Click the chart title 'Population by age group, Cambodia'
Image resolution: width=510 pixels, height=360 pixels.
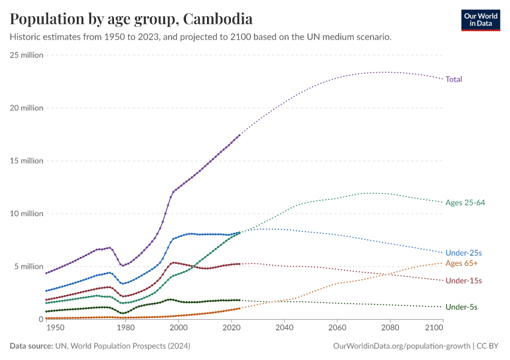[131, 19]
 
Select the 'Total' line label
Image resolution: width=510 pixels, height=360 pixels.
[454, 79]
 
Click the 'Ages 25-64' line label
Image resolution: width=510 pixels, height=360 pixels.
[465, 203]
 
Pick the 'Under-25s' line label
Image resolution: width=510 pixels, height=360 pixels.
[464, 253]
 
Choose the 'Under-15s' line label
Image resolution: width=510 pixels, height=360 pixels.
[464, 281]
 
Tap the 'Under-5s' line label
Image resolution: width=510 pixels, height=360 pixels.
[461, 307]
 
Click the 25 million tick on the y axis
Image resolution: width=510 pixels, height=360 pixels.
[26, 55]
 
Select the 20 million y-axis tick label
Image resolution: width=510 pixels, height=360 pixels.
[26, 108]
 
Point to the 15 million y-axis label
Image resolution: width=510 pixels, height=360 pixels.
[26, 161]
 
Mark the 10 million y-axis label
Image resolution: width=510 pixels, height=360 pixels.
[26, 214]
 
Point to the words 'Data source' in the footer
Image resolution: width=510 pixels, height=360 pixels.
[31, 346]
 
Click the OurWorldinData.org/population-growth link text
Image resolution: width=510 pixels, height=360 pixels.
[401, 346]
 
